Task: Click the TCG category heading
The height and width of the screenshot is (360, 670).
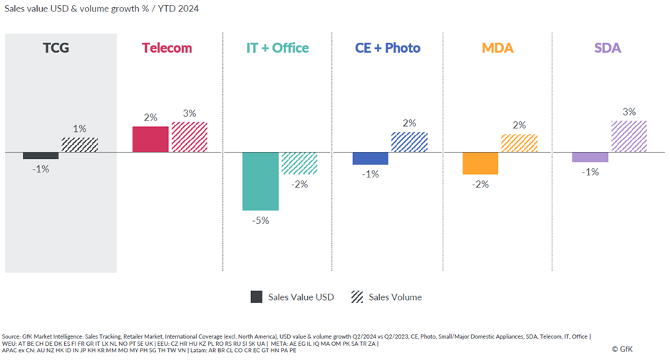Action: [x=60, y=48]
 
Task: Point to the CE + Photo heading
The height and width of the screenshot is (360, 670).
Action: [x=388, y=48]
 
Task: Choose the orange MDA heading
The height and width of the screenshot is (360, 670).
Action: [x=498, y=48]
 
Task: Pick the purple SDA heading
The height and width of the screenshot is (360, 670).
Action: [x=607, y=48]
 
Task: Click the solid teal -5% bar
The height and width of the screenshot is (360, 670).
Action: [x=260, y=181]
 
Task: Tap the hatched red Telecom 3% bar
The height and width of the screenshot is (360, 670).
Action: [x=189, y=137]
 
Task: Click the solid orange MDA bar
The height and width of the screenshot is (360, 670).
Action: [x=480, y=163]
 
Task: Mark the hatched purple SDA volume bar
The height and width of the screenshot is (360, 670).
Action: [x=629, y=136]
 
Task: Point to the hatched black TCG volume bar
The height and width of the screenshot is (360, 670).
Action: [x=79, y=145]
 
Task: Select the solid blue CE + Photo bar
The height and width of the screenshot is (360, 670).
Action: [x=370, y=158]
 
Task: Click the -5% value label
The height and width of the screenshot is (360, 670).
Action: [x=260, y=220]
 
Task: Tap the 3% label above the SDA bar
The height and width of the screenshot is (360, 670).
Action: [x=629, y=112]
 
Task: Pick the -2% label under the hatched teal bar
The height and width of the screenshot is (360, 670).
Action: [x=299, y=185]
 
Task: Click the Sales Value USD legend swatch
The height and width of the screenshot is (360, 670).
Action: [x=257, y=297]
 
